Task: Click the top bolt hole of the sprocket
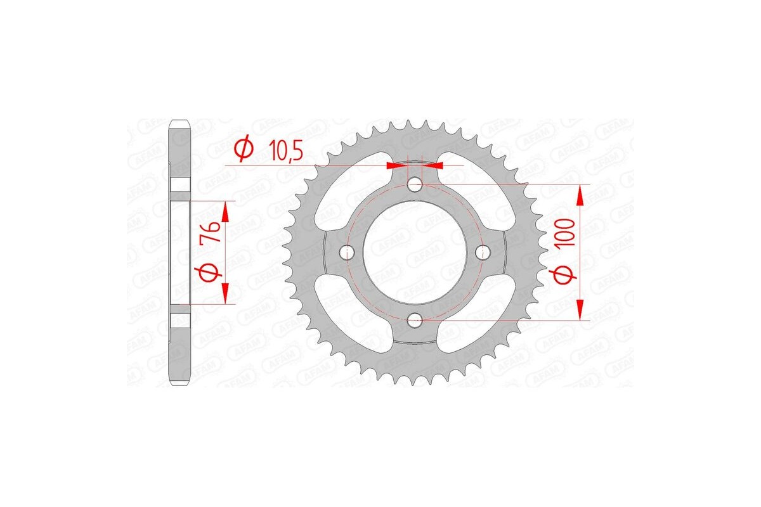[415, 184]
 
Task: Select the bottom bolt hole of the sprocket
[415, 321]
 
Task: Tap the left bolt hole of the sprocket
[346, 252]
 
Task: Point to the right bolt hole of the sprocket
[483, 252]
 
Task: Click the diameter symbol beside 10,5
[244, 150]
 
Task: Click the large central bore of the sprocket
[415, 252]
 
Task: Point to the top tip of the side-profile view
[180, 120]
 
